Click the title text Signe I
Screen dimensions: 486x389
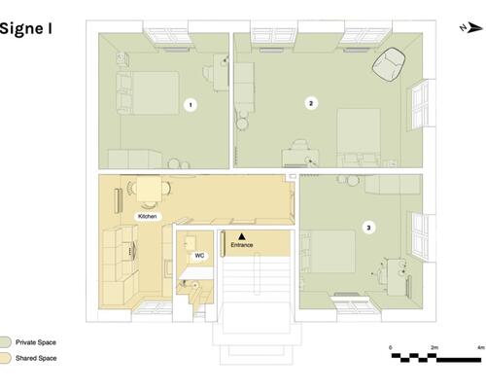[x=25, y=29]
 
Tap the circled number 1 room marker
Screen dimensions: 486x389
[x=191, y=105]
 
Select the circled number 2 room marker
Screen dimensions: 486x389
[x=311, y=103]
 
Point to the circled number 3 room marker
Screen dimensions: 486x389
[x=368, y=228]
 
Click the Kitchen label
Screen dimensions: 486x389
[x=148, y=216]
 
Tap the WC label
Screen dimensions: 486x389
[x=199, y=256]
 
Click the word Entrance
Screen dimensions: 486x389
[x=242, y=245]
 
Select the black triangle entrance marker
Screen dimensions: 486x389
[x=242, y=236]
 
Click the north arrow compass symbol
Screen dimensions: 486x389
[x=471, y=28]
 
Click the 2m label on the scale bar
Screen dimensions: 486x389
[x=434, y=347]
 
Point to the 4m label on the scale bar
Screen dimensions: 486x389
[x=481, y=347]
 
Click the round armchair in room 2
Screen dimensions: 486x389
[x=389, y=64]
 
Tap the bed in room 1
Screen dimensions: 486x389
[x=149, y=93]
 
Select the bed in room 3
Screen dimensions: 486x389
[x=329, y=252]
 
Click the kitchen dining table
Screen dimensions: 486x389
[x=149, y=189]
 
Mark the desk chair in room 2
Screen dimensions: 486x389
[x=300, y=144]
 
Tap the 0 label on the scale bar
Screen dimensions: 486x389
[x=391, y=347]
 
